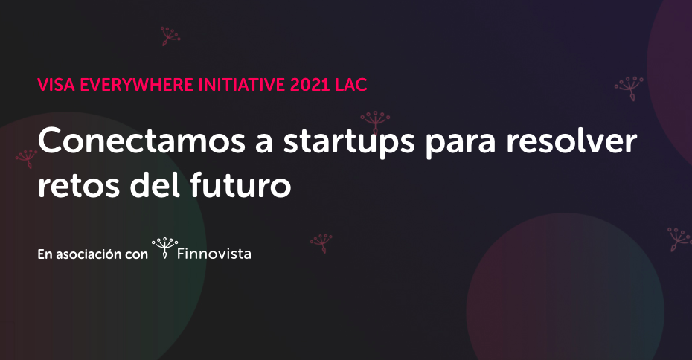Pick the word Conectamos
[141, 141]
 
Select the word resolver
[571, 141]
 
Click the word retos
[79, 186]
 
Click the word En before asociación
[45, 254]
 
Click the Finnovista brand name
[214, 254]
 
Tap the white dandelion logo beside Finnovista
[164, 248]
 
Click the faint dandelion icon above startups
[375, 122]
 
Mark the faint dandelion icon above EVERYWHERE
[170, 36]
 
